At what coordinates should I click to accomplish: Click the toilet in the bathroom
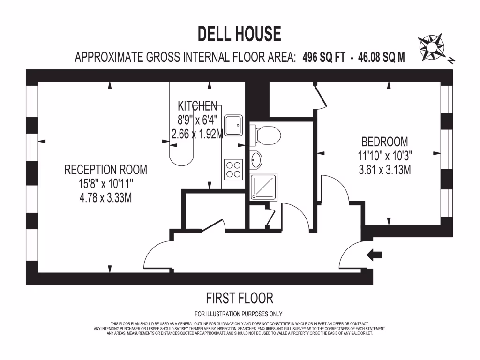[x=266, y=135]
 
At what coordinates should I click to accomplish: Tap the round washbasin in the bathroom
[x=256, y=160]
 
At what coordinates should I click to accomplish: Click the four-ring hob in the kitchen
[x=233, y=169]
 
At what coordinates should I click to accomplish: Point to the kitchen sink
[x=233, y=125]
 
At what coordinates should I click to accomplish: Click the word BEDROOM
[x=384, y=142]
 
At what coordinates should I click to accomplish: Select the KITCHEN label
[x=197, y=106]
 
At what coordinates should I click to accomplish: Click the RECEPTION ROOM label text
[x=105, y=170]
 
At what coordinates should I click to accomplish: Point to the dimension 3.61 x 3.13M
[x=384, y=170]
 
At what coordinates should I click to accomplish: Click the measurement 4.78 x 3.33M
[x=105, y=198]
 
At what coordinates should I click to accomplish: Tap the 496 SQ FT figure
[x=324, y=58]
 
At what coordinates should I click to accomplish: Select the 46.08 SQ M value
[x=380, y=58]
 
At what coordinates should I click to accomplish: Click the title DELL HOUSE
[x=240, y=34]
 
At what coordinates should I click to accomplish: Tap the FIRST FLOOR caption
[x=240, y=298]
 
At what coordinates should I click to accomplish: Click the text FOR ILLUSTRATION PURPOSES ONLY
[x=239, y=314]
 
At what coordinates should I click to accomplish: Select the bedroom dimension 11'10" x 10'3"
[x=384, y=156]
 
